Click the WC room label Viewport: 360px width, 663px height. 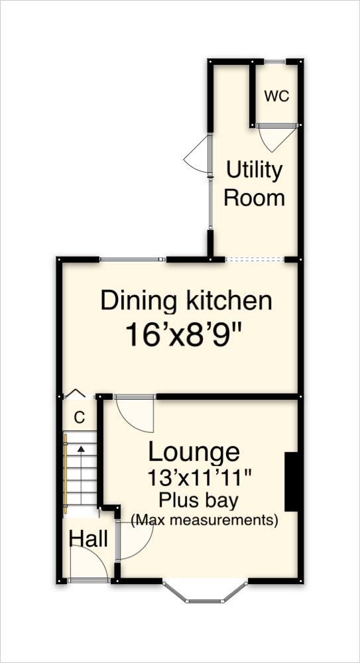coord(276,96)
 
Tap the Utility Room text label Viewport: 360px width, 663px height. coord(254,184)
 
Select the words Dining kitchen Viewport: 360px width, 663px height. coord(186,301)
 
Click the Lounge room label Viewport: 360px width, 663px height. coord(194,452)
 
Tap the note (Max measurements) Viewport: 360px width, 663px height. coord(204,520)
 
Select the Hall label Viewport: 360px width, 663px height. coord(88,539)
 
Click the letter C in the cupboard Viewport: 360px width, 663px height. coord(79,418)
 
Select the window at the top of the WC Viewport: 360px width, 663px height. coord(275,62)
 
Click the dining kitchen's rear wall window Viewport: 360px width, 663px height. coord(133,259)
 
